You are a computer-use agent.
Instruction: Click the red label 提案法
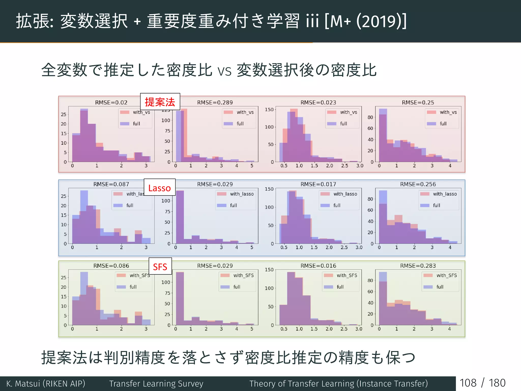coord(160,102)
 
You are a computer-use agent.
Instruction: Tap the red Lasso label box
coord(160,188)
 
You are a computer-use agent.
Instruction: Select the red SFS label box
coord(160,267)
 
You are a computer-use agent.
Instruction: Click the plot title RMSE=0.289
coord(215,102)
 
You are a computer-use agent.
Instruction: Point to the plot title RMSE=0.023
coord(318,102)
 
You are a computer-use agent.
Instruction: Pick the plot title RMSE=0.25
coord(418,102)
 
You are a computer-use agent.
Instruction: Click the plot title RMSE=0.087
coord(111,184)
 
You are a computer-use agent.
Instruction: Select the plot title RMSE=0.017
coord(318,184)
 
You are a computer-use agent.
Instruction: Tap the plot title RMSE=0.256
coord(418,184)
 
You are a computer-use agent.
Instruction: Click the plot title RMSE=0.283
coord(418,266)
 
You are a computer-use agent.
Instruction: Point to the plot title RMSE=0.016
coord(318,266)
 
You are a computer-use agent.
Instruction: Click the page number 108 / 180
coord(483,383)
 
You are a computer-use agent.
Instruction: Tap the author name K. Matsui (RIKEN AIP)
coord(46,383)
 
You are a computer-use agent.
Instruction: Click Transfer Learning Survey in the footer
coord(156,383)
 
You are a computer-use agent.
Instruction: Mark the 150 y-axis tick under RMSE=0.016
coord(269,270)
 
